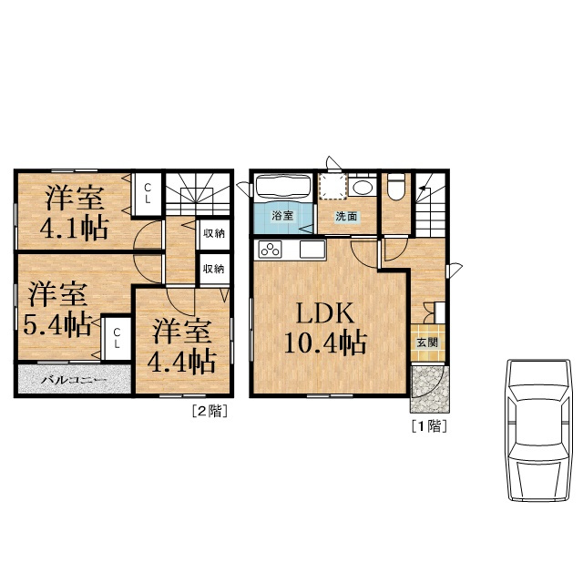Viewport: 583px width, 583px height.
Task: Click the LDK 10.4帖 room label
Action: pyautogui.click(x=325, y=329)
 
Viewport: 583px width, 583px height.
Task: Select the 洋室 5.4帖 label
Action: pyautogui.click(x=57, y=310)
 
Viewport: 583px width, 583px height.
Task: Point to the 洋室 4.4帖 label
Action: pyautogui.click(x=182, y=346)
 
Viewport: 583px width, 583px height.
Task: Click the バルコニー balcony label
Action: pyautogui.click(x=74, y=380)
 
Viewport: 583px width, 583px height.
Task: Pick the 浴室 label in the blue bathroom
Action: pyautogui.click(x=282, y=215)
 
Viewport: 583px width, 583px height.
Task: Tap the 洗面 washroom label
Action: pyautogui.click(x=346, y=217)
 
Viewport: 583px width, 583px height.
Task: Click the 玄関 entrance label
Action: pyautogui.click(x=427, y=343)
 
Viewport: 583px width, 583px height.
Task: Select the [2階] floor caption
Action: pyautogui.click(x=210, y=411)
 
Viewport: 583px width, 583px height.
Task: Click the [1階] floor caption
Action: pyautogui.click(x=429, y=426)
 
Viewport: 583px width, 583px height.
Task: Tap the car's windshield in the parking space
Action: pyautogui.click(x=538, y=393)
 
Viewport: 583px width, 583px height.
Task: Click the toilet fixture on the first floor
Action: pyautogui.click(x=396, y=188)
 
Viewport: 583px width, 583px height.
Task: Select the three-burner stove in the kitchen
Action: pyautogui.click(x=270, y=250)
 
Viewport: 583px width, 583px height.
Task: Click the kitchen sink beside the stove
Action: pyautogui.click(x=312, y=250)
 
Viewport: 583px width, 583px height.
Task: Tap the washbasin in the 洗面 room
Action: pyautogui.click(x=363, y=186)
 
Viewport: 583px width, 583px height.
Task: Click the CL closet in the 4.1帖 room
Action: pyautogui.click(x=148, y=193)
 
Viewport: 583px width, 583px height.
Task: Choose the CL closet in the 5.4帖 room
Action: pyautogui.click(x=117, y=338)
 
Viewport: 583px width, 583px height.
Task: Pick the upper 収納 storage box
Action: pyautogui.click(x=214, y=234)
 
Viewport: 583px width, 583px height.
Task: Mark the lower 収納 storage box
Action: pyautogui.click(x=214, y=269)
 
